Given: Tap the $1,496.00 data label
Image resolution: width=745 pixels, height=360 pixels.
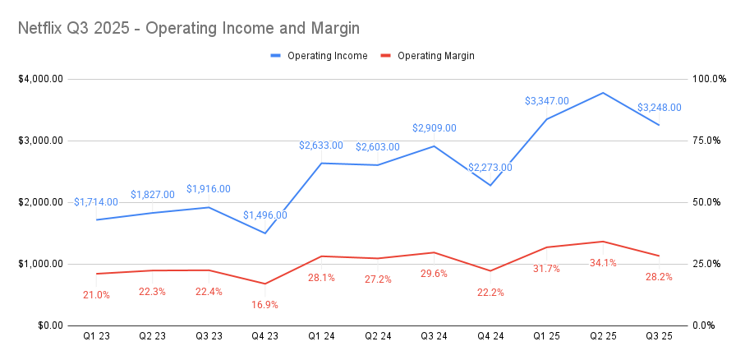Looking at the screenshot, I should pos(265,215).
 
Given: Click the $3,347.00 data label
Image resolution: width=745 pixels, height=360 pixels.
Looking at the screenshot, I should pos(546,101).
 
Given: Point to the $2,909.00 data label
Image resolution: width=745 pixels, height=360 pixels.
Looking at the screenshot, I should pos(434,128).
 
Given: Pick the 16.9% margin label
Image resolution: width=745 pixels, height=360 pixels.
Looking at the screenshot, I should pos(264,305).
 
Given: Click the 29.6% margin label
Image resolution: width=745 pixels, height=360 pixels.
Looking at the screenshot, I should pos(434,274).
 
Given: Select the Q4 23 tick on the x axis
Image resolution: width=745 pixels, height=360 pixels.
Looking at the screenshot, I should pos(265,335).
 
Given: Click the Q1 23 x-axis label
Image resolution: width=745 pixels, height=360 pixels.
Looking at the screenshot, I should pos(97,335).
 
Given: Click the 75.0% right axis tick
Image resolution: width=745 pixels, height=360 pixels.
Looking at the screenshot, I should pos(705,141).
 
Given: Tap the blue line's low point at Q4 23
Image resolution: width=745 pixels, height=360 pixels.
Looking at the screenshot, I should pos(265,233).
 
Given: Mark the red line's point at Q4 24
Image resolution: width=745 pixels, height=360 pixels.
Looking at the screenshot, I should pos(490,270).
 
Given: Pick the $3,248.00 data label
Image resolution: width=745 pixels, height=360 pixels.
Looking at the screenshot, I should pos(659,108).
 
